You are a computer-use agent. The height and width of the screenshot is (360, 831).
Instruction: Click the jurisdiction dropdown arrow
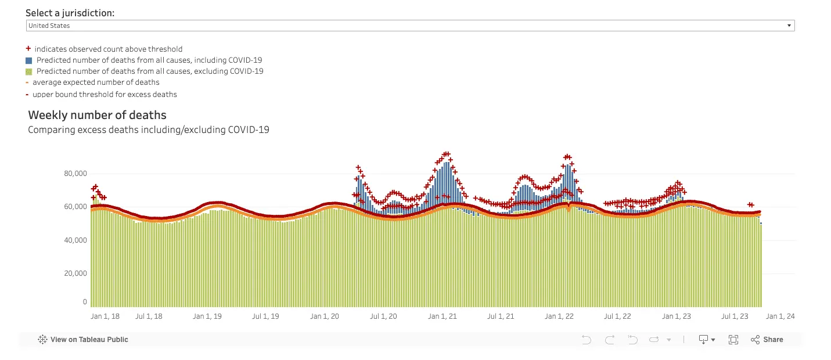pos(789,26)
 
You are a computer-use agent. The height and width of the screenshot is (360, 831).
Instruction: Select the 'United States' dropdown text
pos(49,26)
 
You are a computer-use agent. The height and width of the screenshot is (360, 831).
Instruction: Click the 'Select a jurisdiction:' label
pos(70,13)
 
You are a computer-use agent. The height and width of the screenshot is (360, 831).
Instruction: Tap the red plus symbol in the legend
pos(28,49)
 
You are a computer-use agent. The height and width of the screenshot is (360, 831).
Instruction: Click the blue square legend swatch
pos(28,60)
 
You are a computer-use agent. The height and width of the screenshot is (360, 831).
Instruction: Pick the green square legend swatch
pos(28,71)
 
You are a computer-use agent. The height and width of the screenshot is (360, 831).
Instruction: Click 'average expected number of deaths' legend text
pos(96,82)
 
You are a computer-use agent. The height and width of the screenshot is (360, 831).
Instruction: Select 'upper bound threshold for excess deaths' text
pos(105,94)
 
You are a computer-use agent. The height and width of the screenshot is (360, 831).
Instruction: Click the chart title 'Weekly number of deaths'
pos(97,115)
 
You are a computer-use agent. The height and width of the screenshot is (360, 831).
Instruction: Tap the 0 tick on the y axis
pos(85,302)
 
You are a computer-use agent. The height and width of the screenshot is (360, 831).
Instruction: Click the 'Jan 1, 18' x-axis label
pos(105,316)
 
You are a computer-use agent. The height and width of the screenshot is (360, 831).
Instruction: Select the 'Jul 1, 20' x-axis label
pos(383,316)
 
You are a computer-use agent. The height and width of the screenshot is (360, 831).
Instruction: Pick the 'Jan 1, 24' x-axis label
pos(780,316)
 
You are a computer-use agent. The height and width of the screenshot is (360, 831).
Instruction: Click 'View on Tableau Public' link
pos(89,340)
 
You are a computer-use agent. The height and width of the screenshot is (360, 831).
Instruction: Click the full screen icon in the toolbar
pos(733,340)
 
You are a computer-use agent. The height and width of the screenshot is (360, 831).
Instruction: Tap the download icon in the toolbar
pos(704,340)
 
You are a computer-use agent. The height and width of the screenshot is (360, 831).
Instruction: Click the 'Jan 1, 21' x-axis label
pos(442,316)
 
